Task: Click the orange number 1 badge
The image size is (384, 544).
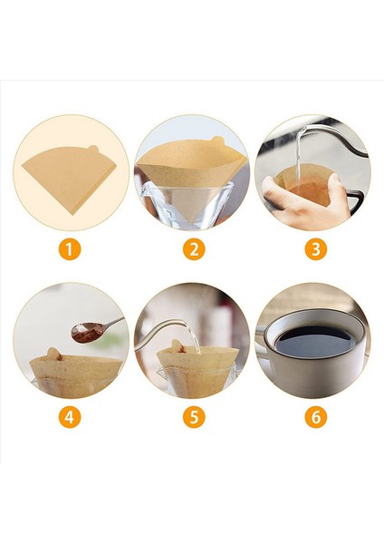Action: point(70,248)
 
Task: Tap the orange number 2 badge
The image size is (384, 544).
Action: point(194,248)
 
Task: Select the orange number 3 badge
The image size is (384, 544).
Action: point(316,248)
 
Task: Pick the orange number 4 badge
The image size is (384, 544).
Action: point(70,416)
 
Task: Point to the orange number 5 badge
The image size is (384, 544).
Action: point(194,416)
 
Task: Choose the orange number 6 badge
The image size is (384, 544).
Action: point(316,416)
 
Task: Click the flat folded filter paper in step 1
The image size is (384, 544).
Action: point(70,177)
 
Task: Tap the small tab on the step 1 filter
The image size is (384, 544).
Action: point(93,149)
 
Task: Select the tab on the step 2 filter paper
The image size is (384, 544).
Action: point(218,141)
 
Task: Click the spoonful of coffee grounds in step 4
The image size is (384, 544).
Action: point(87,332)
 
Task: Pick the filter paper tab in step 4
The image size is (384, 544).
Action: point(53,353)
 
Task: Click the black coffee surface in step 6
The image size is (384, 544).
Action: point(314,341)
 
